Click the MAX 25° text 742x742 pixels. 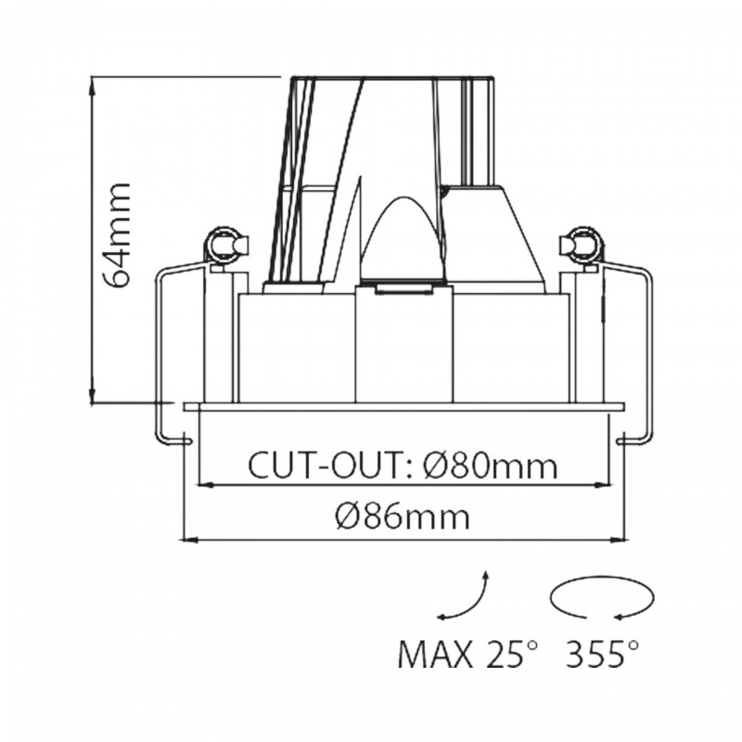(x=467, y=656)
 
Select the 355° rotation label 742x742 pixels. (x=601, y=656)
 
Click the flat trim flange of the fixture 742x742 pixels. (x=405, y=406)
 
